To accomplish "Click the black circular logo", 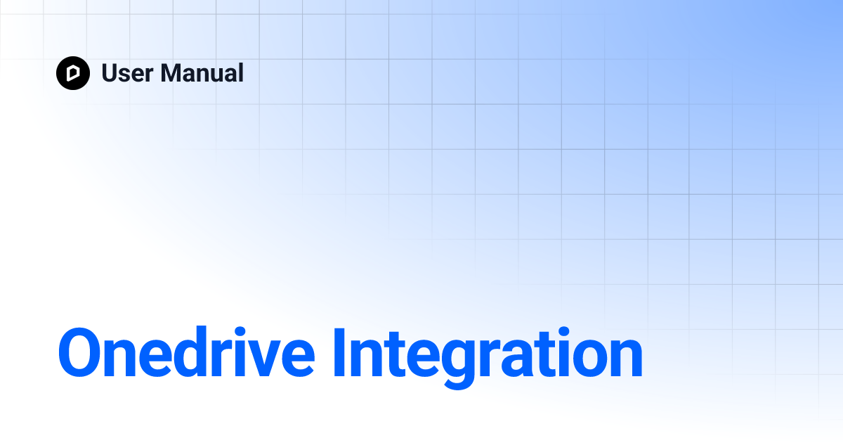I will (73, 73).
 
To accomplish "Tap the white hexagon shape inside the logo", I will (73, 73).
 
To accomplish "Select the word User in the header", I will (126, 73).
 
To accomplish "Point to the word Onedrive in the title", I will (186, 354).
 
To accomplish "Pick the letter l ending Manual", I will (240, 73).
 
